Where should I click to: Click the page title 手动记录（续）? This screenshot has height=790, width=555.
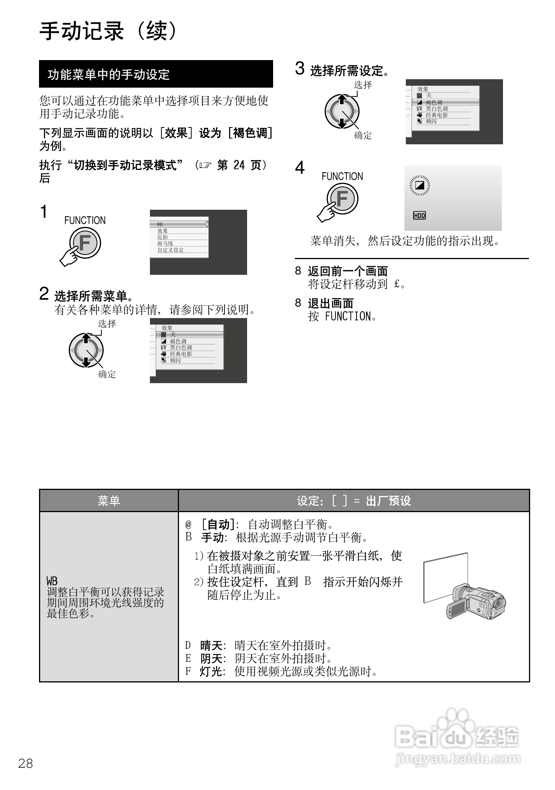click(109, 31)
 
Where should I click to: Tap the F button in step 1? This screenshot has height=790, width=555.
click(85, 243)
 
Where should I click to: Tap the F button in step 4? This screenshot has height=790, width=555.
click(342, 199)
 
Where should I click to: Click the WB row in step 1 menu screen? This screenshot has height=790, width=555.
click(179, 224)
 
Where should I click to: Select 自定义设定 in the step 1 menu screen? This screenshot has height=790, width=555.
click(171, 250)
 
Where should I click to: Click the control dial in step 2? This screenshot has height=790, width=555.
click(86, 350)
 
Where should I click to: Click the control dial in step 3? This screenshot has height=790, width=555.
click(342, 112)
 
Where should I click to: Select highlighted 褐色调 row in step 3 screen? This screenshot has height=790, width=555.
click(444, 102)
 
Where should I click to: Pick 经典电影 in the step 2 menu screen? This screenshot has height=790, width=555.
click(181, 354)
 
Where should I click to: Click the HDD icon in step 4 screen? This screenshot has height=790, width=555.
click(419, 215)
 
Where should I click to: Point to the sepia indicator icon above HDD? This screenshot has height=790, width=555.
click(420, 186)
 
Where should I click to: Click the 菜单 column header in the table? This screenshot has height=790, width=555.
click(109, 500)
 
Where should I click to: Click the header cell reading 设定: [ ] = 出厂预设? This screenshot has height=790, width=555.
click(354, 500)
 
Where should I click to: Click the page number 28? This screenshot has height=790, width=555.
click(26, 763)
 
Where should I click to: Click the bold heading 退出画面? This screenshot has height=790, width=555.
click(330, 303)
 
